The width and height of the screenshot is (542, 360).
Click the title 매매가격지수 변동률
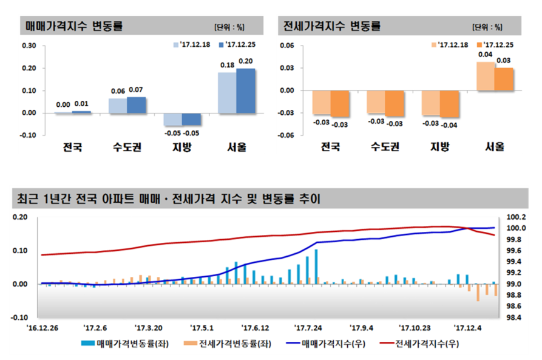click(73, 27)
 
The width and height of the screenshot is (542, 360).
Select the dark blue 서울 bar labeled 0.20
click(246, 90)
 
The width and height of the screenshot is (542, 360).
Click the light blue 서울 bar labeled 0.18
click(227, 92)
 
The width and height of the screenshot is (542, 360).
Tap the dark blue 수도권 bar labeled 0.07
click(137, 105)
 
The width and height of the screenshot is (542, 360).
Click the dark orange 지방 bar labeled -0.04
click(450, 104)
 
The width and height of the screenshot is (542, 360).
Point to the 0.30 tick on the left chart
click(29, 46)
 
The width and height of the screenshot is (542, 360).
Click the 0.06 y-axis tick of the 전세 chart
click(286, 46)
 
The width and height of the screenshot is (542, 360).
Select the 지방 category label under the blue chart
click(181, 147)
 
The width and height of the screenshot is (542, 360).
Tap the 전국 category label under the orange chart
click(330, 147)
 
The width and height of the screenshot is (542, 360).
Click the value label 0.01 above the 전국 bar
click(81, 104)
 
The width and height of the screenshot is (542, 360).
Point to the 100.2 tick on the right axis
click(510, 217)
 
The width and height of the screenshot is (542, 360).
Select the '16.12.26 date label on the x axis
click(41, 325)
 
